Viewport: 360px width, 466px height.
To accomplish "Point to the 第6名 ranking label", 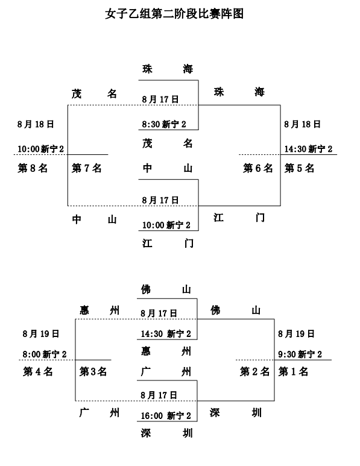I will pyautogui.click(x=258, y=168).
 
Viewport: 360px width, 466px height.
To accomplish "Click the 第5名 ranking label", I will pyautogui.click(x=300, y=168).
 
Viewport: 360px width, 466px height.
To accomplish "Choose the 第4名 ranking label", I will pyautogui.click(x=38, y=371).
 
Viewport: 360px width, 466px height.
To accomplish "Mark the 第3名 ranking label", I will pyautogui.click(x=93, y=371).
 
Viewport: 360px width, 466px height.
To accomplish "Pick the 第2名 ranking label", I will pyautogui.click(x=254, y=371).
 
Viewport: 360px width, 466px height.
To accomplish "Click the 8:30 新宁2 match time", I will pyautogui.click(x=164, y=125).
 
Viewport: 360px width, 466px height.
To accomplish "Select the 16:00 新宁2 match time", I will pyautogui.click(x=166, y=415).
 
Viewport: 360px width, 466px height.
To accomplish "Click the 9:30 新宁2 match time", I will pyautogui.click(x=300, y=354).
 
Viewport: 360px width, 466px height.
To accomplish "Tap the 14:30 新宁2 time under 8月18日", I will pyautogui.click(x=308, y=149).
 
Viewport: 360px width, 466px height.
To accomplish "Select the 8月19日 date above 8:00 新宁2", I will pyautogui.click(x=41, y=333).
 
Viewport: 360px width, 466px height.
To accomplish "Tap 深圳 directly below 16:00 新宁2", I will pyautogui.click(x=166, y=432).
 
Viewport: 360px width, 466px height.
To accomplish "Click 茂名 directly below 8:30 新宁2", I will pyautogui.click(x=167, y=143).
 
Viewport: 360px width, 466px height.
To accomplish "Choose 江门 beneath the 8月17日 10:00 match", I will pyautogui.click(x=167, y=243).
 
